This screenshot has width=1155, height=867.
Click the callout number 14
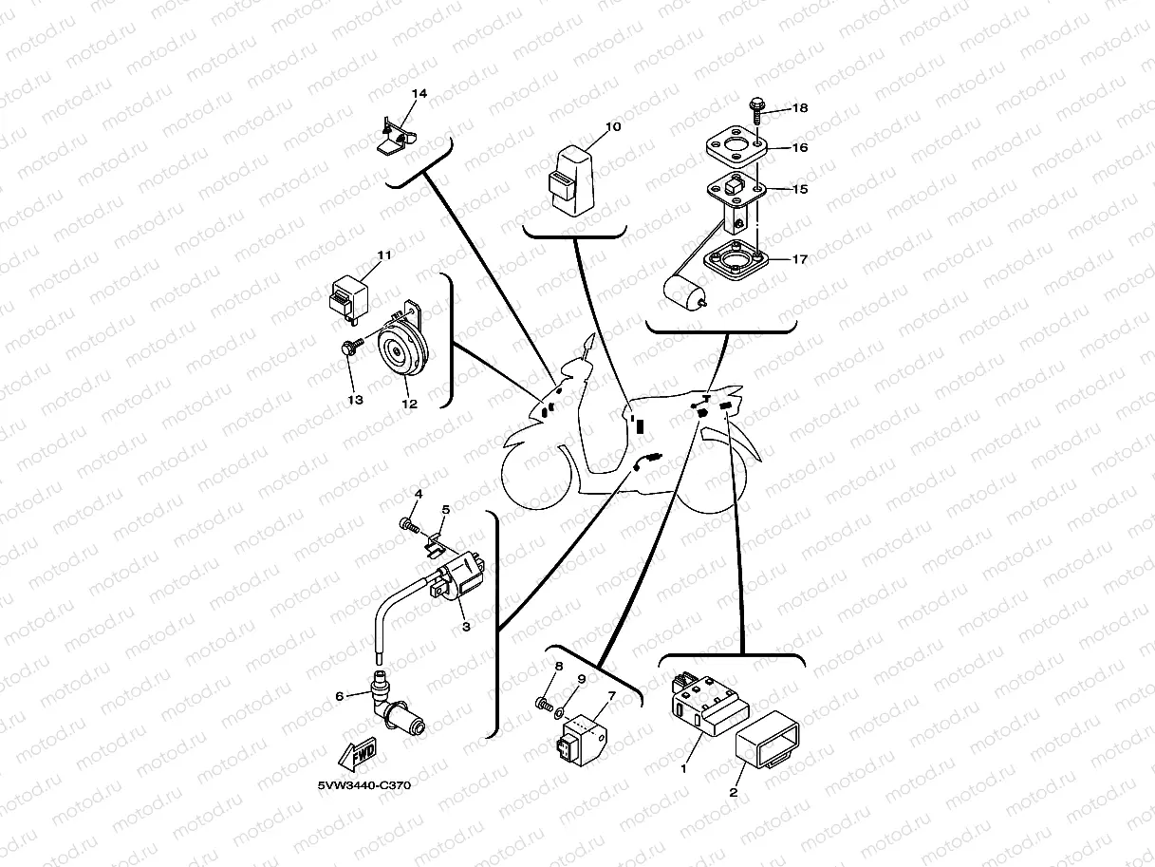coord(419,94)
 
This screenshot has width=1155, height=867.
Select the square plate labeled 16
coord(736,147)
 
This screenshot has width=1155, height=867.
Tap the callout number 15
coord(799,189)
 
